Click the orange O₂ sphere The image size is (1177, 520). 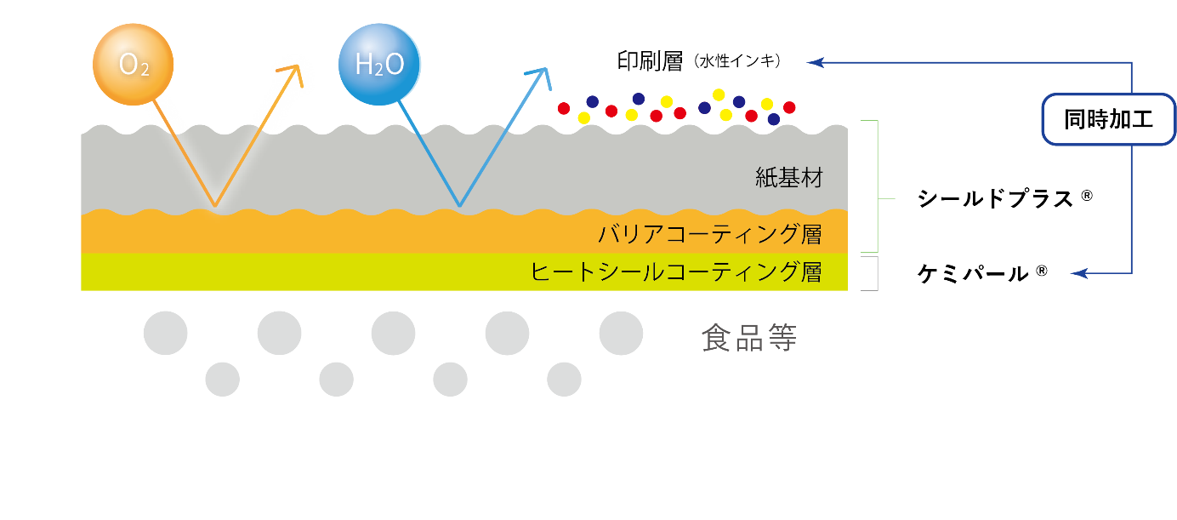(133, 65)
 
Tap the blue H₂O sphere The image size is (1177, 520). (379, 65)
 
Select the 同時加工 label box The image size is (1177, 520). (1108, 119)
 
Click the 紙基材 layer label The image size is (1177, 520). (789, 178)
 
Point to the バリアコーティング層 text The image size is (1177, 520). (710, 233)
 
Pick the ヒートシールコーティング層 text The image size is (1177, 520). (676, 272)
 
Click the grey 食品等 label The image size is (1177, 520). (749, 338)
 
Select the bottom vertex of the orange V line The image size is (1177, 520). (215, 206)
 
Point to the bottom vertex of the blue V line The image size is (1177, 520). (460, 206)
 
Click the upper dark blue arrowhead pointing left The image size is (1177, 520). (815, 62)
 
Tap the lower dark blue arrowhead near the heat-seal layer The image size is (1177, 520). (1078, 273)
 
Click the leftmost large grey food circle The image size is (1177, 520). (166, 333)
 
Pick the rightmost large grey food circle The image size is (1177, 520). (621, 333)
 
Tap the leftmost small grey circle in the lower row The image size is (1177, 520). (223, 379)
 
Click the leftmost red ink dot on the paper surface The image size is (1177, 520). (563, 108)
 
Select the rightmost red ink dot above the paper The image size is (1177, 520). (789, 107)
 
